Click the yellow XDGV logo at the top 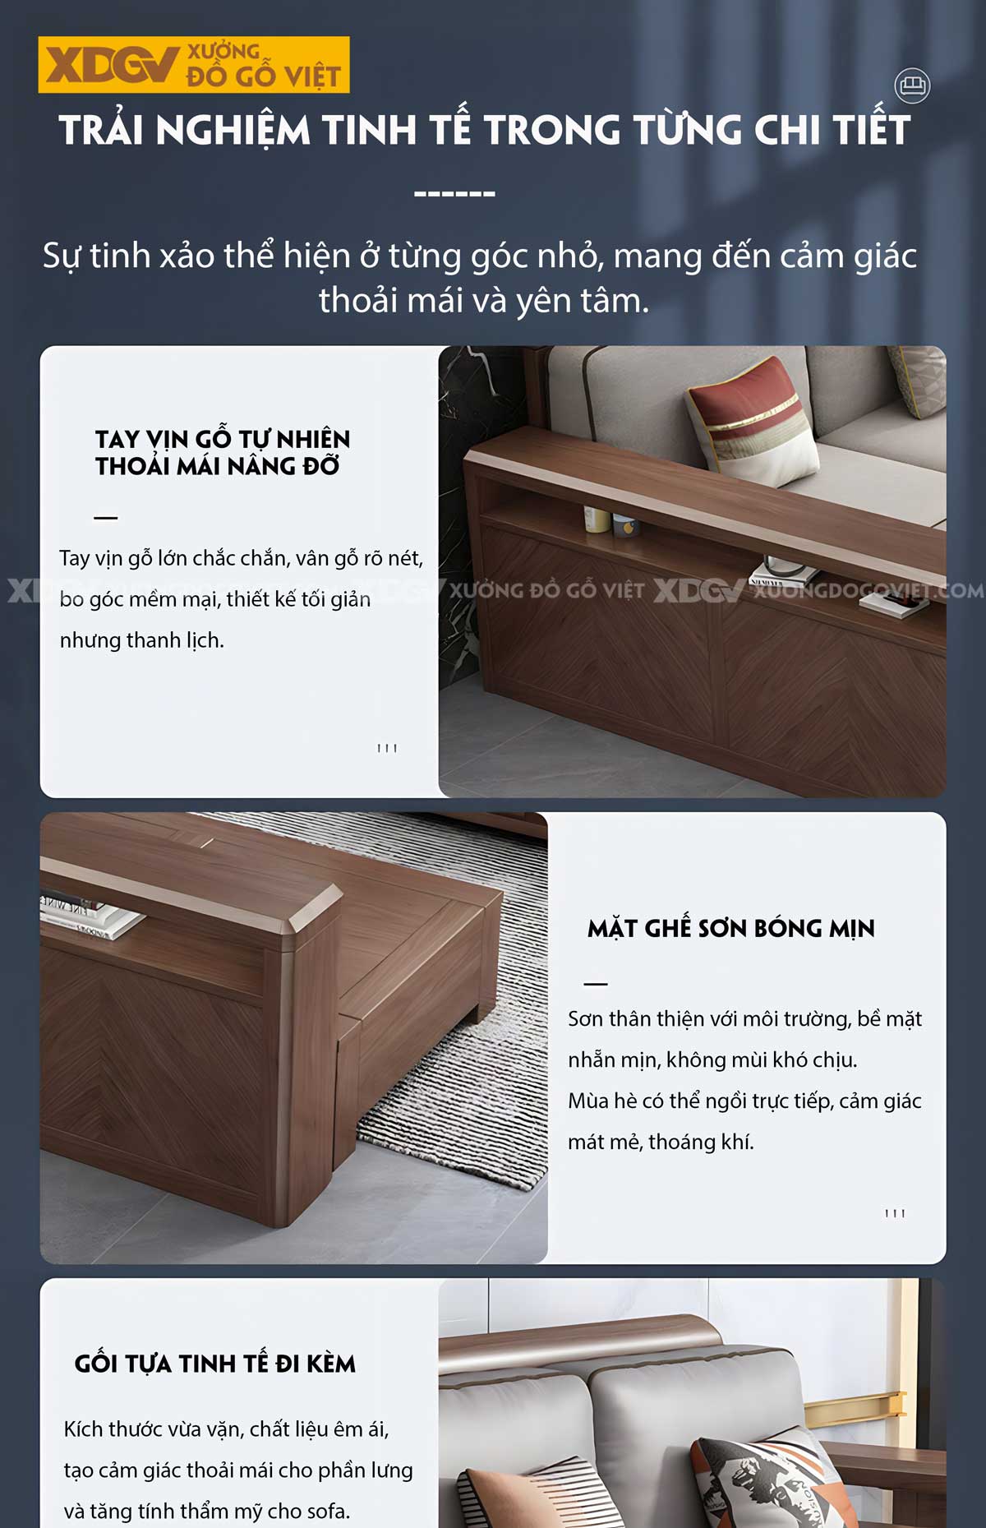coord(194,64)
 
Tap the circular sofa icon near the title coord(912,85)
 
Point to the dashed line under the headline coord(454,195)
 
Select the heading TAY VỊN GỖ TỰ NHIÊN coord(222,439)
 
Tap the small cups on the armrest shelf coord(609,521)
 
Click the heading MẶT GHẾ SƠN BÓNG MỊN coord(730,929)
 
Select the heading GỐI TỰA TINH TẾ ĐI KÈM coord(215,1364)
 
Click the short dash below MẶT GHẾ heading coord(596,983)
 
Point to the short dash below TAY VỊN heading coord(106,518)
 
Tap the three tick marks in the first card coord(387,748)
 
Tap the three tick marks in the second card coord(895,1213)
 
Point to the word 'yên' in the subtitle coord(540,301)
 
